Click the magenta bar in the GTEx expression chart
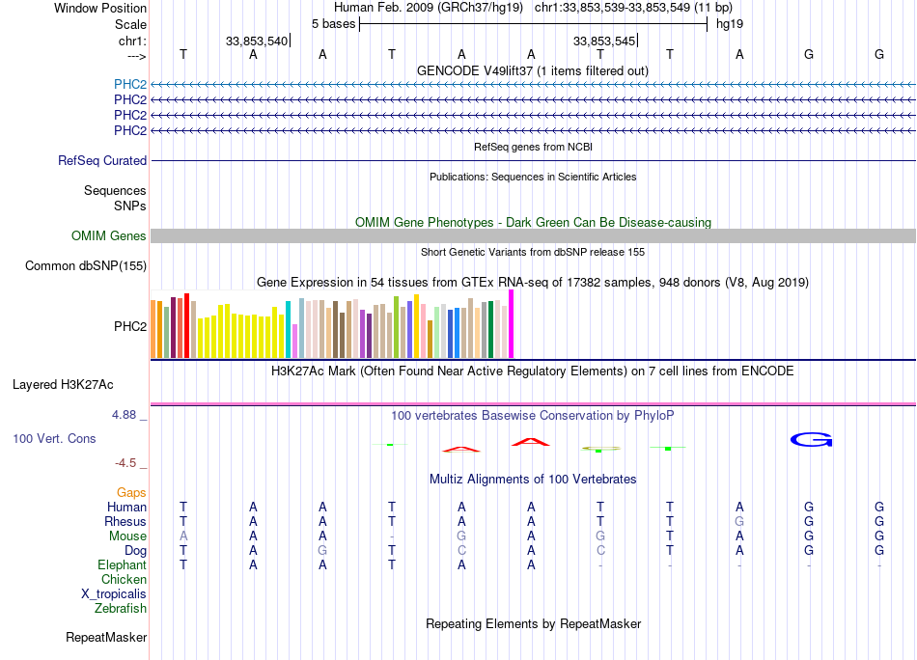[512, 324]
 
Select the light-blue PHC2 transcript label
[130, 84]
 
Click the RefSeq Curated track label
[102, 161]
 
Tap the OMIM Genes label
[109, 235]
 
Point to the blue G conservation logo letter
[811, 440]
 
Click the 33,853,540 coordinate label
[257, 41]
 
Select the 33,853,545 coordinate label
[604, 41]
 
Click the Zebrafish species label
[121, 609]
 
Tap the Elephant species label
[123, 564]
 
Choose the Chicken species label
[124, 579]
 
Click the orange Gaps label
[131, 493]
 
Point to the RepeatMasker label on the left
[106, 637]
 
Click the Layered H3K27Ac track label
[63, 385]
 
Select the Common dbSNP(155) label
[86, 266]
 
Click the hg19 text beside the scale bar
[730, 24]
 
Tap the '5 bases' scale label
[333, 24]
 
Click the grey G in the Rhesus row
[739, 521]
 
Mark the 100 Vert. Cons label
[54, 438]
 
